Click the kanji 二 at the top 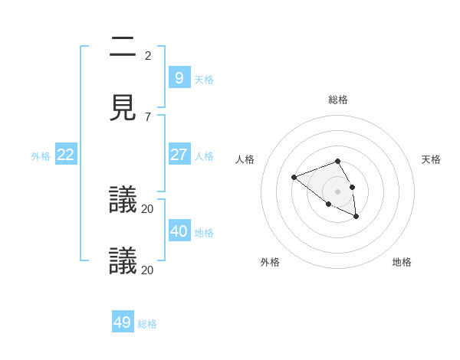(x=123, y=47)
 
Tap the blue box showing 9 (x=179, y=77)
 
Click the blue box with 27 (x=179, y=154)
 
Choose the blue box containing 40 (x=179, y=231)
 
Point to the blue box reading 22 (x=66, y=154)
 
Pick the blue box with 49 (x=123, y=322)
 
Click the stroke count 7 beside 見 (x=147, y=117)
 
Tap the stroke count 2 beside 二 (x=147, y=56)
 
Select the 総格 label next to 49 (x=147, y=324)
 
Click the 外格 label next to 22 (x=41, y=156)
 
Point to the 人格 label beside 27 (x=204, y=156)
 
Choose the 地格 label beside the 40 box (x=204, y=233)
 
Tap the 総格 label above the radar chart (x=338, y=100)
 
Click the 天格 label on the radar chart (x=431, y=159)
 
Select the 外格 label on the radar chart (x=270, y=262)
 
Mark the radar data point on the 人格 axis (x=294, y=178)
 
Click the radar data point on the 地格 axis (x=356, y=217)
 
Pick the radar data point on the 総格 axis (x=338, y=161)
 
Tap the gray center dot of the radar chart (x=338, y=191)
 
